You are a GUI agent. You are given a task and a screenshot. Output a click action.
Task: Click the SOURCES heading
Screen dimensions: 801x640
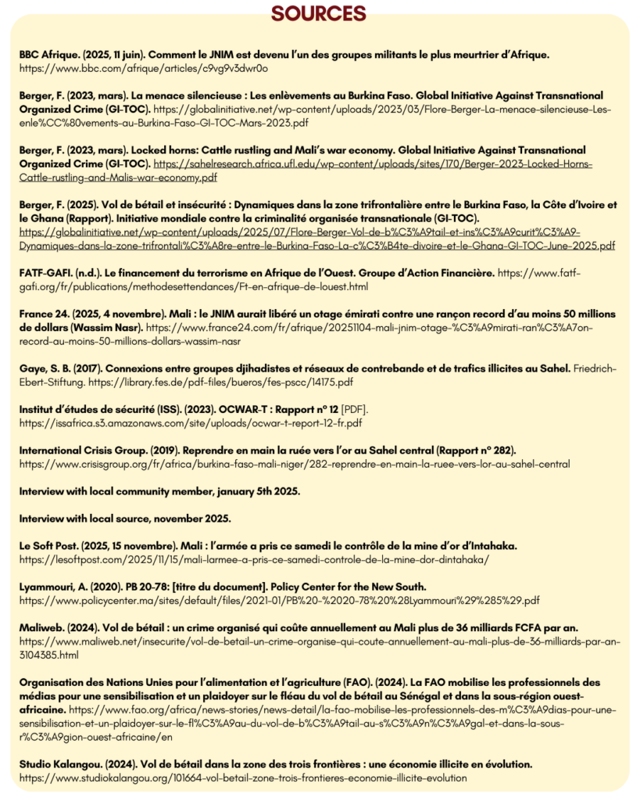click(318, 14)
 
